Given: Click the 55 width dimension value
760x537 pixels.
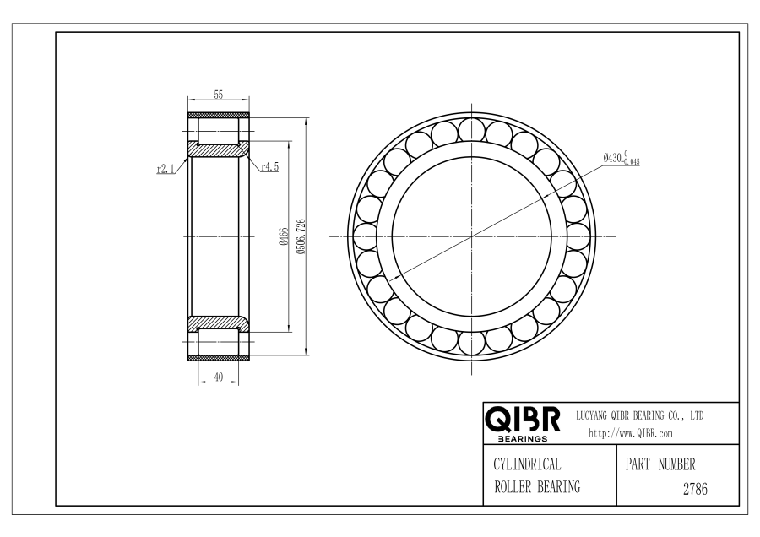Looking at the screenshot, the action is coord(219,95).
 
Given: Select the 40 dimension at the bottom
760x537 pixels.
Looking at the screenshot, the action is coord(219,377).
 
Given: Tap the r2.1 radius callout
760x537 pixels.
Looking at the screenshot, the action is coord(166,169).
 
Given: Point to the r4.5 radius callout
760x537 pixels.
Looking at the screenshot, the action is coord(270,166).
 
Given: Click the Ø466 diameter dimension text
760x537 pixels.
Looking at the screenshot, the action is coord(284,236).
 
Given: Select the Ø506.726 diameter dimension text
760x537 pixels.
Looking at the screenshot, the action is coord(301,236).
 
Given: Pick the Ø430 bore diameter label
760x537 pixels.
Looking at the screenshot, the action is coord(622,158).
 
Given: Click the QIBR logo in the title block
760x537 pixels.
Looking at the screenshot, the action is coord(523,420).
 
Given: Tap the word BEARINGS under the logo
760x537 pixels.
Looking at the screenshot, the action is coord(523,438).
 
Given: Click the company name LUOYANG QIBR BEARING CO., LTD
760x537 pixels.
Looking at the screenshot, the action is coord(639,415).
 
